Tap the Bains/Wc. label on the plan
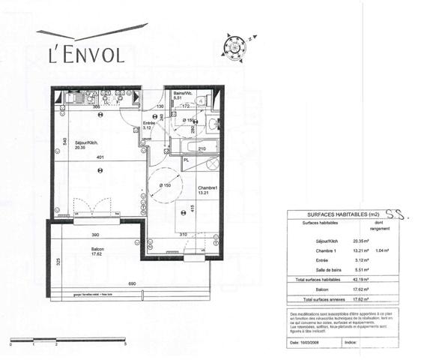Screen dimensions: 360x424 (x=184, y=94)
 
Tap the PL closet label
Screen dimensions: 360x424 (x=187, y=160)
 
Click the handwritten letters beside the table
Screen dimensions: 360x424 (x=404, y=214)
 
